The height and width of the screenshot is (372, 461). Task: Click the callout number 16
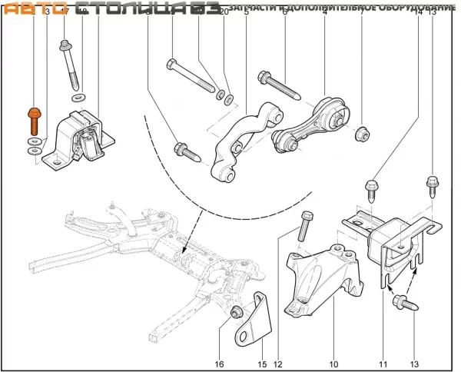click(x=219, y=364)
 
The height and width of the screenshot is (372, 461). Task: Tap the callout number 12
click(x=278, y=364)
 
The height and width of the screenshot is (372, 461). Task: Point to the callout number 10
click(x=334, y=364)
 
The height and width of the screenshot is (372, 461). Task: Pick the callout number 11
click(x=382, y=364)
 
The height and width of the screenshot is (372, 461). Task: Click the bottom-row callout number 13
click(x=415, y=364)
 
